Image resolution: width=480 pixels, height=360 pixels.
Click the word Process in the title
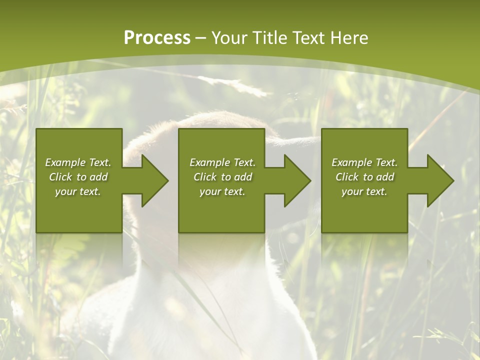point(157,38)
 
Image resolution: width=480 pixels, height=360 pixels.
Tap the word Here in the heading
point(348,38)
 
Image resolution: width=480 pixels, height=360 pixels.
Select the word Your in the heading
point(230,38)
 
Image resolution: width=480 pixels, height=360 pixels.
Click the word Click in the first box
point(60,177)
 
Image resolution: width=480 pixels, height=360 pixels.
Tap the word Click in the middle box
point(205,177)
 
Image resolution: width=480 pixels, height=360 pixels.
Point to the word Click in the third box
point(347,177)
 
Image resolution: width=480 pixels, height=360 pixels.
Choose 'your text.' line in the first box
point(78,191)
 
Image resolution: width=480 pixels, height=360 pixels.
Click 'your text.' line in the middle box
point(222,191)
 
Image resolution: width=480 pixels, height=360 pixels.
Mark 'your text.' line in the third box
point(364,191)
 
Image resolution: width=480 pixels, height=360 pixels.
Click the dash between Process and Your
point(200,38)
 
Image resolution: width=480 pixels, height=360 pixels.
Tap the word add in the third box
point(384,177)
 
